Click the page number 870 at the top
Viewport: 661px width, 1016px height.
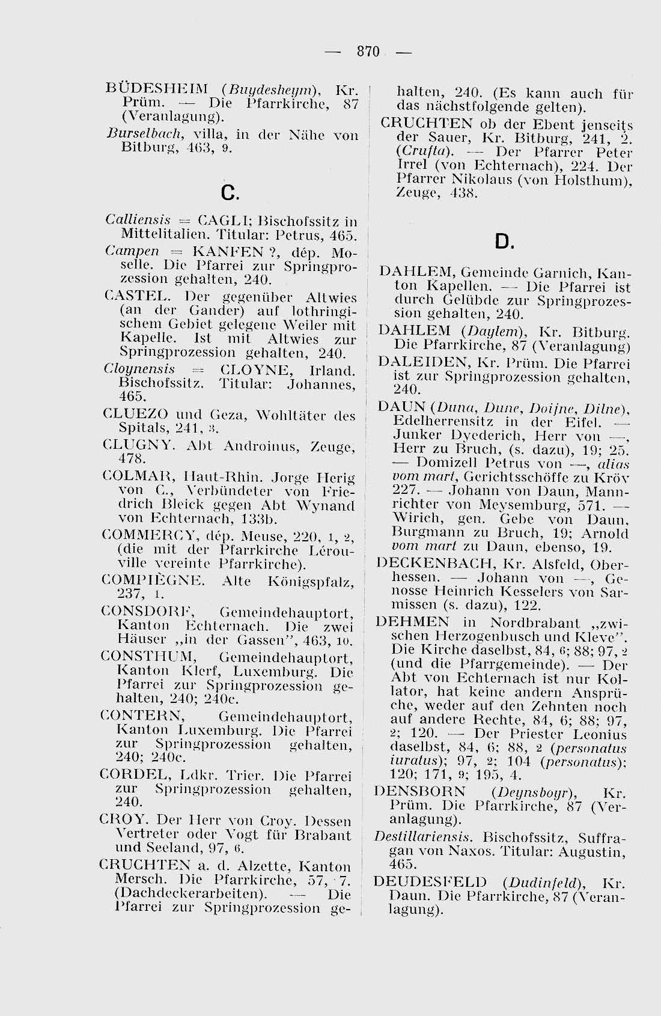[367, 52]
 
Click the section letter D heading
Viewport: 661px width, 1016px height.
[504, 242]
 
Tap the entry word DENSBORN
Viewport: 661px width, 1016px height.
[419, 792]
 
